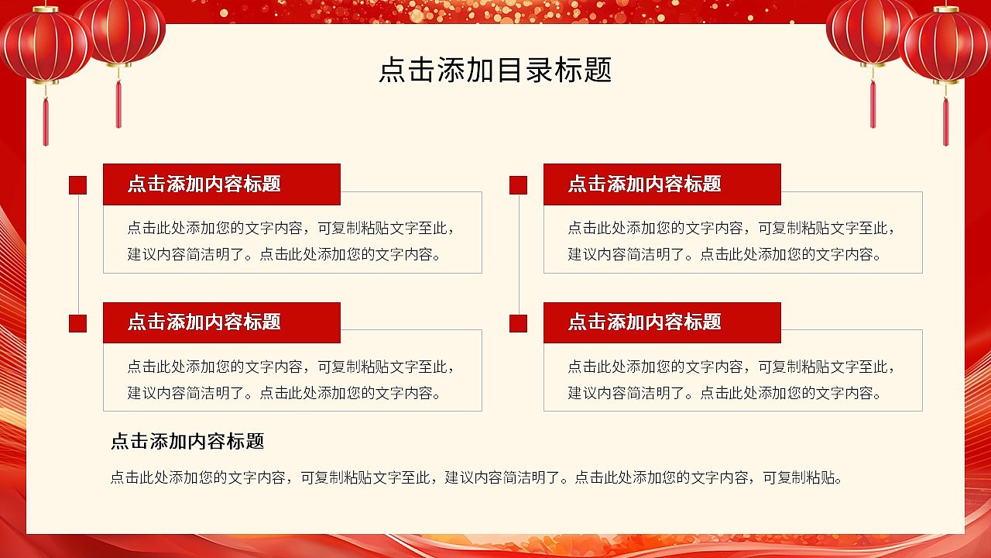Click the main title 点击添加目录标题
pos(495,70)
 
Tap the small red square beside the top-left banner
pos(77,185)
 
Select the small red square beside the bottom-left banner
pos(77,323)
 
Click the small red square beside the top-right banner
pos(518,185)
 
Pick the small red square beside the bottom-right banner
pos(518,323)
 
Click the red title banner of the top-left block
pos(221,184)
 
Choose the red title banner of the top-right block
pos(662,184)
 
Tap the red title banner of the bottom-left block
pos(221,322)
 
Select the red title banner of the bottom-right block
pos(662,322)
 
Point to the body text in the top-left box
pos(291,241)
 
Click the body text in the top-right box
pos(732,241)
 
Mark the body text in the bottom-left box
pos(291,380)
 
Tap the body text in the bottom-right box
pos(732,380)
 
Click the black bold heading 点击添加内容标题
pos(187,442)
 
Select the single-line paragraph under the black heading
pos(475,477)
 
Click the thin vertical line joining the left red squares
pos(78,254)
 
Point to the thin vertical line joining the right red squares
pos(519,254)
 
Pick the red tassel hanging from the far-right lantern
pos(945,120)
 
